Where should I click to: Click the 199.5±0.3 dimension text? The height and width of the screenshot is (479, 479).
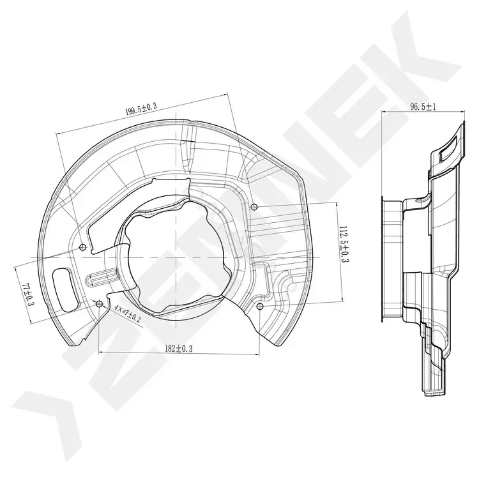click(x=141, y=109)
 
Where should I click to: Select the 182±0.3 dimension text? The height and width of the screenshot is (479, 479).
click(x=179, y=349)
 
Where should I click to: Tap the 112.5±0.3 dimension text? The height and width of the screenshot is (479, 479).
click(x=345, y=245)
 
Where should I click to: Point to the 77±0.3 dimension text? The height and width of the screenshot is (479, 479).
click(x=28, y=295)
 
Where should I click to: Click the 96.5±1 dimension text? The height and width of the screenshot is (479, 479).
click(x=423, y=107)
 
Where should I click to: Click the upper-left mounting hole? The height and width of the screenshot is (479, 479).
click(x=82, y=247)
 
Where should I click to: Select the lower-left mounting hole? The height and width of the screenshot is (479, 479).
click(x=99, y=303)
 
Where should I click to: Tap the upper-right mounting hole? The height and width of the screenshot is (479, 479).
click(x=254, y=207)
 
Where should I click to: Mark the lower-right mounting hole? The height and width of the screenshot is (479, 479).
click(x=260, y=306)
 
